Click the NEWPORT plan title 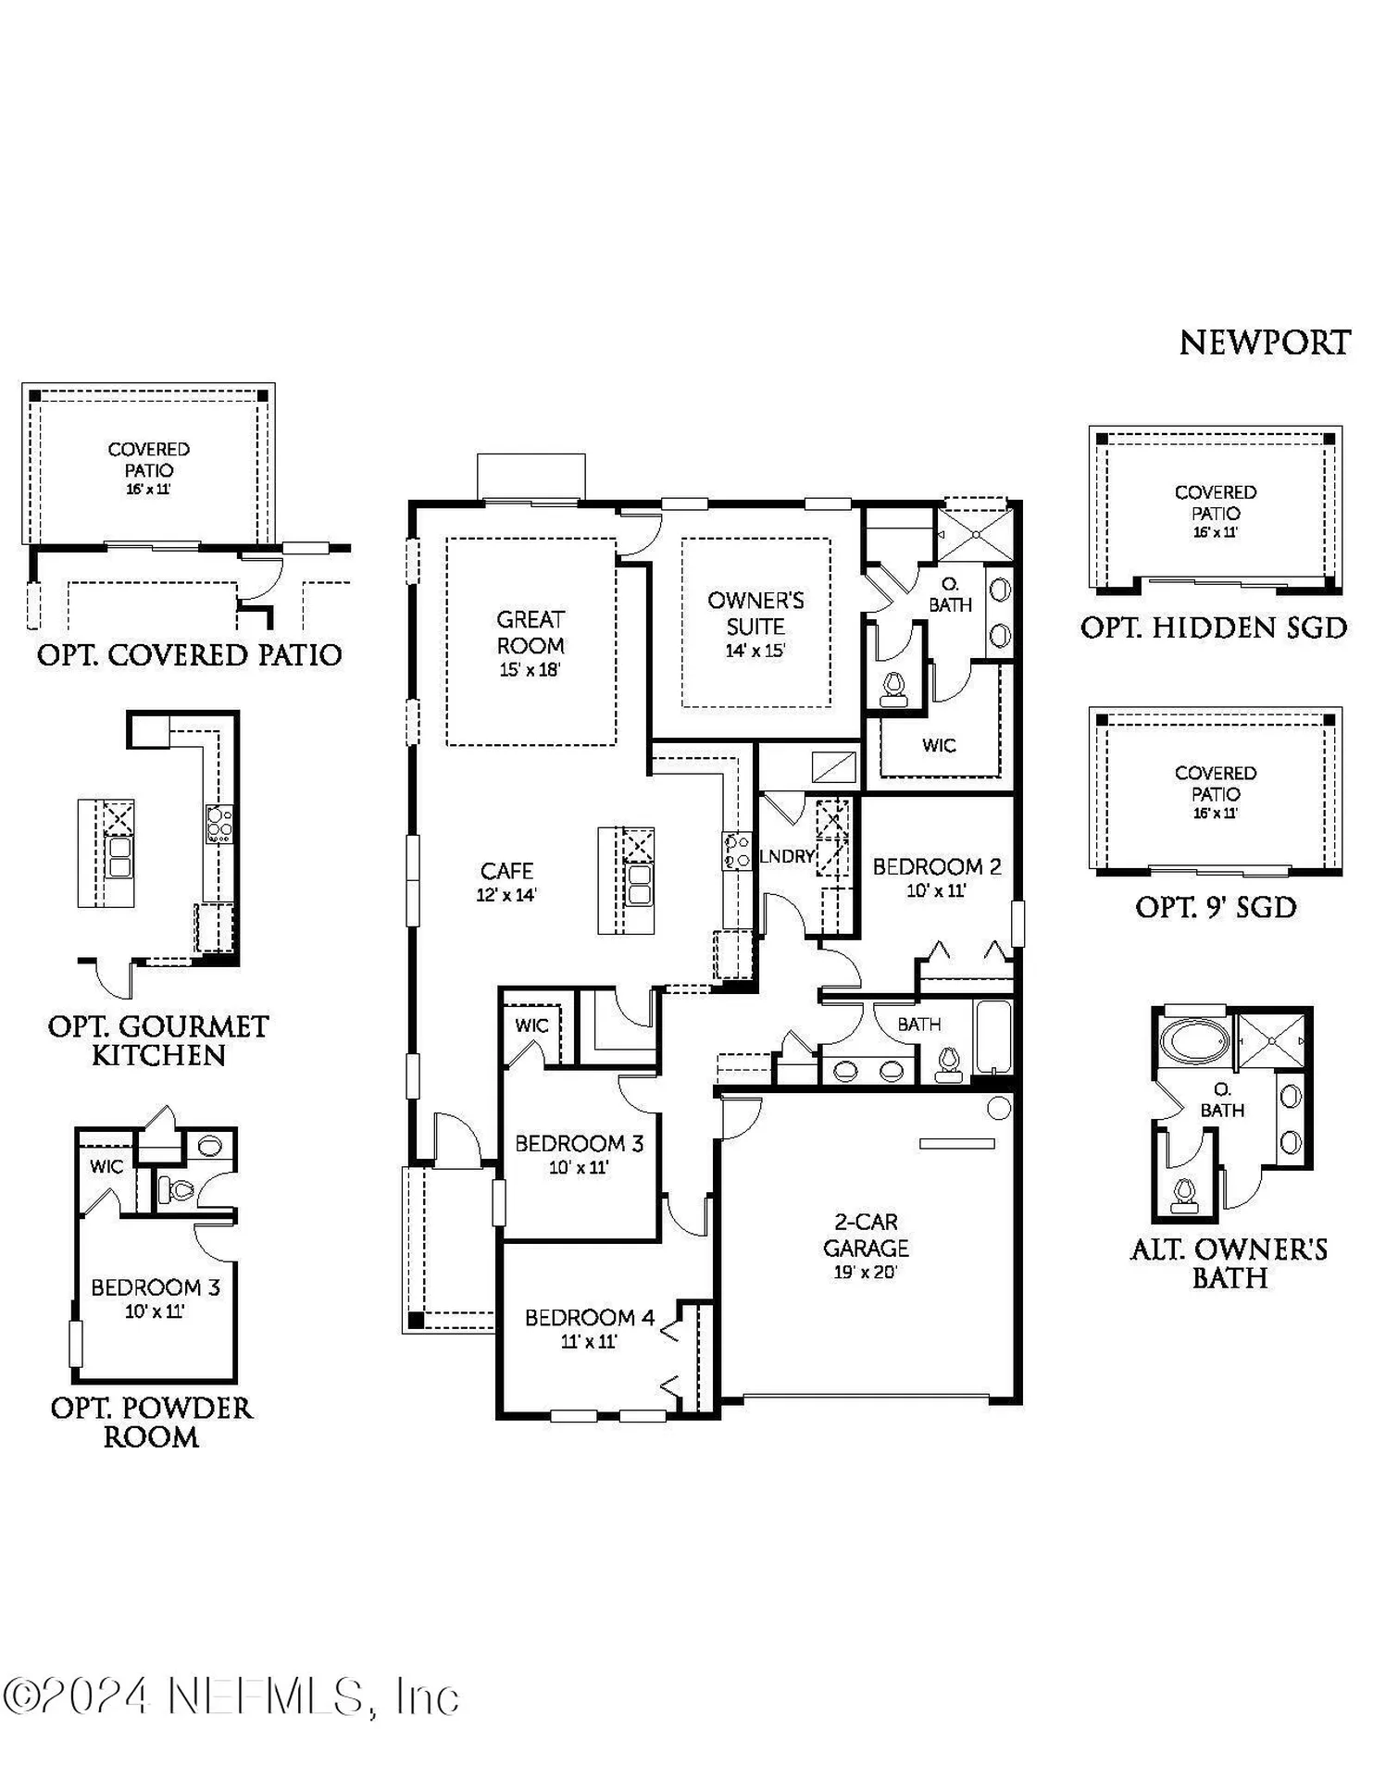pos(1264,343)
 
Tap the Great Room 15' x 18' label pos(530,642)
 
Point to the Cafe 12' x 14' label pos(506,880)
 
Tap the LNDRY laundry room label pos(787,856)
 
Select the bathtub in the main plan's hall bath pos(994,1037)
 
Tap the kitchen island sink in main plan pos(639,884)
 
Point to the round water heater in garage pos(999,1107)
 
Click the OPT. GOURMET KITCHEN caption pos(158,1039)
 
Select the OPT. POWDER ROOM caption pos(151,1422)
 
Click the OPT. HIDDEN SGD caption pos(1214,628)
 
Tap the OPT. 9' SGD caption pos(1216,907)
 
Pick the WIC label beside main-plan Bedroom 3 pos(531,1025)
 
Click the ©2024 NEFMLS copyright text pos(231,1697)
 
